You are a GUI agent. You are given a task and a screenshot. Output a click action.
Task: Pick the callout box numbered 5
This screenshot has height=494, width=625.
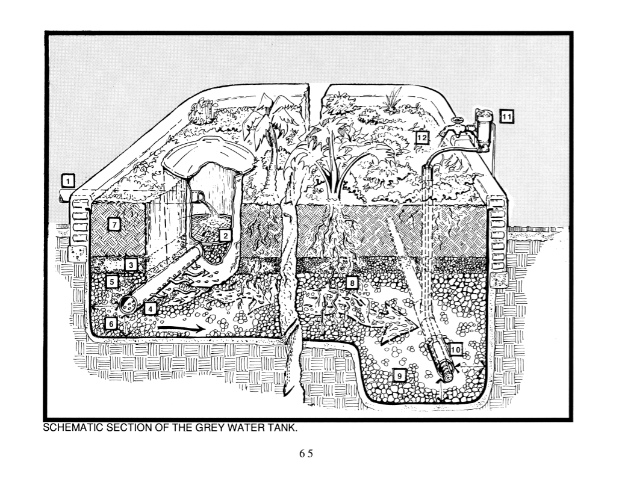tap(111, 281)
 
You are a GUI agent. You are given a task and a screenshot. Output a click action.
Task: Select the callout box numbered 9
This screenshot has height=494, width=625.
tap(397, 375)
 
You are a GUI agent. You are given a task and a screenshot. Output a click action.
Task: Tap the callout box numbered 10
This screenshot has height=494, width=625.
tap(455, 348)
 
